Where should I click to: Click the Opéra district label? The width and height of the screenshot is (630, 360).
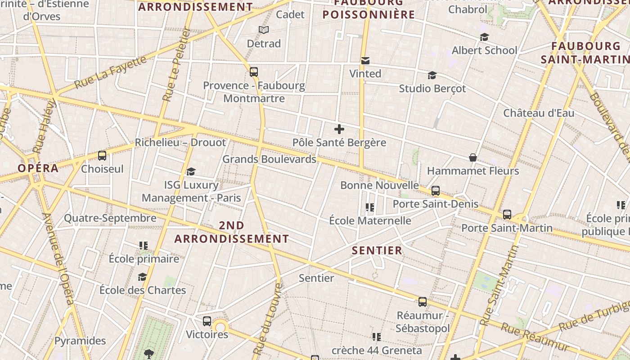[x=38, y=168]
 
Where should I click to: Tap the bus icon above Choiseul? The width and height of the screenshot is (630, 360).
[x=102, y=156]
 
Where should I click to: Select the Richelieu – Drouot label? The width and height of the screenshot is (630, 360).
[x=180, y=143]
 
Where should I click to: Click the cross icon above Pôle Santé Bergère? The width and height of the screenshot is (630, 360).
[x=339, y=130]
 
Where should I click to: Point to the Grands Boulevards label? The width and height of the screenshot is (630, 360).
[x=269, y=159]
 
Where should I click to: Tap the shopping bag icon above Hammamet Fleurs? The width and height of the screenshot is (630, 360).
[x=473, y=157]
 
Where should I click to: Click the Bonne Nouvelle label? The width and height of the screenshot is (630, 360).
[x=379, y=185]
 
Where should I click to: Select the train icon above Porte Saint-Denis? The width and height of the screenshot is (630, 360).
[x=435, y=191]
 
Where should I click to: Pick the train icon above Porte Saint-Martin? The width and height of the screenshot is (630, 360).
[x=507, y=215]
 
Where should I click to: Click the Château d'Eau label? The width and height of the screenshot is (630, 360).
[x=539, y=112]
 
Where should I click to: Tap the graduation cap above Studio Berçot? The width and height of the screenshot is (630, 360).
[x=432, y=75]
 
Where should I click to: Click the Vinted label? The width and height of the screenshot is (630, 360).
[x=365, y=73]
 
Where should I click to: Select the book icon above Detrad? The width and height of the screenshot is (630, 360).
[x=264, y=30]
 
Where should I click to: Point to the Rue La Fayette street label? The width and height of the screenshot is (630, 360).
[x=111, y=72]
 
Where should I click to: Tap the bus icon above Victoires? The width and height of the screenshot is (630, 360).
[x=207, y=321]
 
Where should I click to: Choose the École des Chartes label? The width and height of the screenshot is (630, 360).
[x=143, y=290]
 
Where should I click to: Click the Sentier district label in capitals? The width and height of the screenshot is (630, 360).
[x=377, y=251]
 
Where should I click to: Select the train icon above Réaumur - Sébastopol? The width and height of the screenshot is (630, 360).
[x=423, y=301]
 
